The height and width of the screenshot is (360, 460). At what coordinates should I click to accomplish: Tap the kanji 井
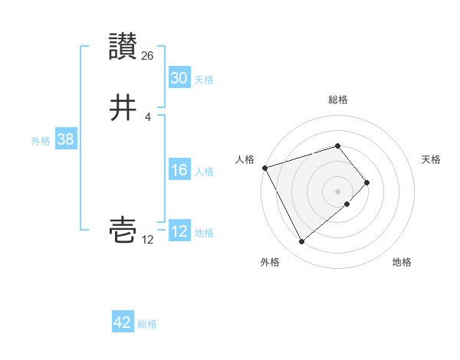click(x=123, y=108)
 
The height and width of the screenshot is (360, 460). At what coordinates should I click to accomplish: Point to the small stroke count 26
click(x=148, y=55)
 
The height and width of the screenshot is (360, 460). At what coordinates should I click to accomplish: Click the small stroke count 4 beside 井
click(x=147, y=116)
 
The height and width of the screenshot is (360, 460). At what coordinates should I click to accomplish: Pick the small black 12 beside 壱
click(x=148, y=240)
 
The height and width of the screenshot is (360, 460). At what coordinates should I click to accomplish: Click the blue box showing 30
click(x=179, y=78)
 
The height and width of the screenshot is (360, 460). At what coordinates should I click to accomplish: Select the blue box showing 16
click(x=179, y=170)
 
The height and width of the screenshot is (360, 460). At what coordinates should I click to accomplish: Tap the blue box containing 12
click(x=179, y=231)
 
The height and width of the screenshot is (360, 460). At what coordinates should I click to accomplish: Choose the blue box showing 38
click(x=65, y=139)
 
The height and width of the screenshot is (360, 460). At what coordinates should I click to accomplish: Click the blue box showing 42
click(x=123, y=322)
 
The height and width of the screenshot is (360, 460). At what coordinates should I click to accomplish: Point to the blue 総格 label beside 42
click(x=147, y=324)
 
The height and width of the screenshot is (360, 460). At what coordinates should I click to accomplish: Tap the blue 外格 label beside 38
click(x=41, y=141)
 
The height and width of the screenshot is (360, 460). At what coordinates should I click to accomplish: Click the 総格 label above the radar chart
click(x=338, y=100)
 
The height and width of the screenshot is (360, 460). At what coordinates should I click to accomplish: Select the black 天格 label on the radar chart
click(x=432, y=159)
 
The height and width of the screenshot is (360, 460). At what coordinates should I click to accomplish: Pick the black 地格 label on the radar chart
click(x=402, y=262)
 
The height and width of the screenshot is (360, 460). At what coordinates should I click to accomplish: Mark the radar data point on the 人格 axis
click(x=264, y=167)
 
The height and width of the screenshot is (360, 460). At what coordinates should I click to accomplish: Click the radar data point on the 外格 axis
click(x=301, y=242)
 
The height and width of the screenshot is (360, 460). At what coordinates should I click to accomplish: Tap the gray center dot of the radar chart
click(x=338, y=191)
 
